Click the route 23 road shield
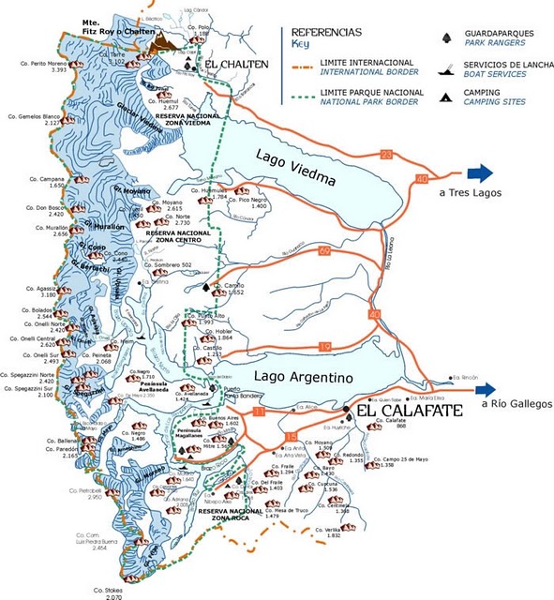pyautogui.click(x=386, y=155)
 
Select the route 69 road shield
pyautogui.click(x=324, y=251)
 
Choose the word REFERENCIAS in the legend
pyautogui.click(x=325, y=31)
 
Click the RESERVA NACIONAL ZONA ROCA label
pyautogui.click(x=232, y=513)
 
